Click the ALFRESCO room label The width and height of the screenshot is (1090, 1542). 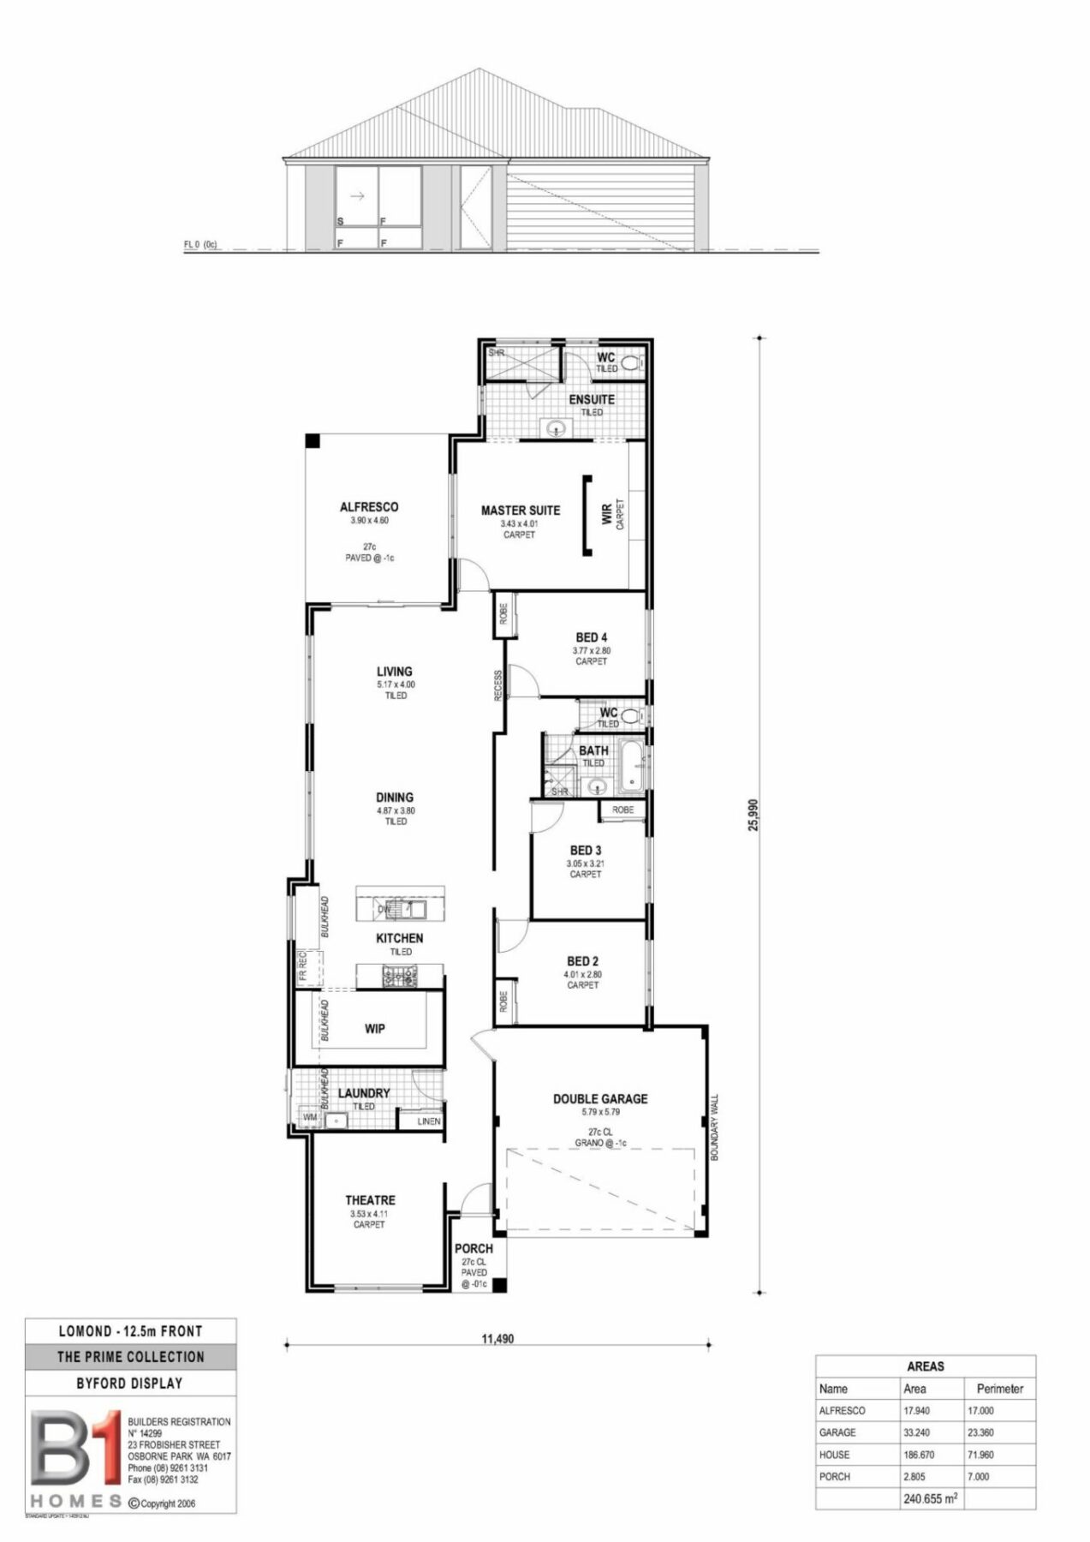[369, 507]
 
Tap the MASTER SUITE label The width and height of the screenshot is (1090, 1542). [520, 511]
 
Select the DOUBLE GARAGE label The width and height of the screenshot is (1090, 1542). [599, 1098]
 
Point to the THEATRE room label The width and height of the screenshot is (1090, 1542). [370, 1200]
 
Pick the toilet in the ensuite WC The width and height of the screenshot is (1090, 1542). [633, 362]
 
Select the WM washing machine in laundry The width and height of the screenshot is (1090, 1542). [309, 1118]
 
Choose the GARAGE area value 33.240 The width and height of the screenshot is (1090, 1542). [917, 1432]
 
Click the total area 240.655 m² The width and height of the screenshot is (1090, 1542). [930, 1499]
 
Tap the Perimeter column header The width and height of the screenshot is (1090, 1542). [999, 1389]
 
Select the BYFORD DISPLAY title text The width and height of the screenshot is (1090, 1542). [130, 1383]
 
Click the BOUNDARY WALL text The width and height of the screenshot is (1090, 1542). [714, 1127]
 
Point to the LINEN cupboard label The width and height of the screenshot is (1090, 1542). [428, 1121]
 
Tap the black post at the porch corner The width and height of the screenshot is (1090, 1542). [499, 1285]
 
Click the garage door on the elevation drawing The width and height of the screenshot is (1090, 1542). [599, 208]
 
